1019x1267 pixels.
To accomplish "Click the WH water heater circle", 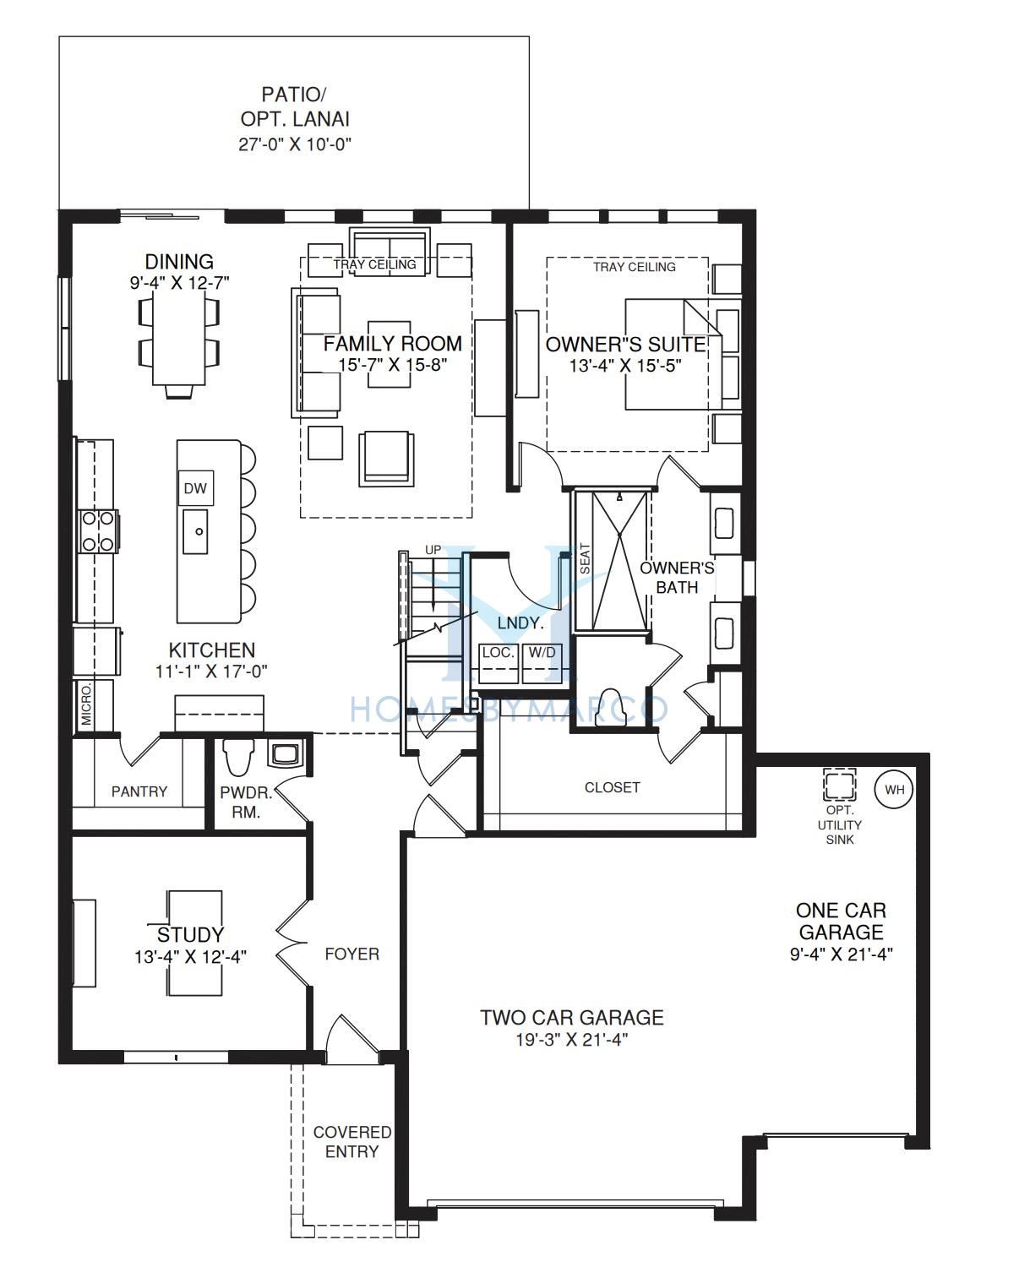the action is tap(894, 790).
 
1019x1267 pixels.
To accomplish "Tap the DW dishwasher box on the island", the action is tap(195, 488).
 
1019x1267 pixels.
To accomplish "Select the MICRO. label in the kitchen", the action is tap(86, 705).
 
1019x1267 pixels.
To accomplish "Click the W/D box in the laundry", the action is tap(542, 662).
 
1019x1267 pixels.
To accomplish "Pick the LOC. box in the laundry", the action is tap(499, 662).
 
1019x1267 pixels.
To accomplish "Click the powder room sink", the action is tap(285, 754).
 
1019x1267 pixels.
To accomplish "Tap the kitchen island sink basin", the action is tap(195, 531).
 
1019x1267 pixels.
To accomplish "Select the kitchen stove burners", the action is tap(98, 531).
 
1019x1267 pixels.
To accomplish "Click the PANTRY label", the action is tap(139, 791).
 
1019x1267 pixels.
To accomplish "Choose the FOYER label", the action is tap(351, 954).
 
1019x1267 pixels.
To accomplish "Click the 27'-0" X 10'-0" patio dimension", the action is tap(295, 144).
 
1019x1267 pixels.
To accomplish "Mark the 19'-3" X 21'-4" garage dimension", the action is tap(571, 1040).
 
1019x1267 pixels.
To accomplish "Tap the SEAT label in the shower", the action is tap(585, 558).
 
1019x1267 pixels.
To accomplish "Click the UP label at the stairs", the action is tap(433, 550).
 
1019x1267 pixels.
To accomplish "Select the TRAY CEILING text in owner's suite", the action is tap(634, 267).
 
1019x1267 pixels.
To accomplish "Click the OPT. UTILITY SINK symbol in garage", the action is tap(839, 784).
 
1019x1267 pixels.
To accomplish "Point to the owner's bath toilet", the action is tap(610, 707).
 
